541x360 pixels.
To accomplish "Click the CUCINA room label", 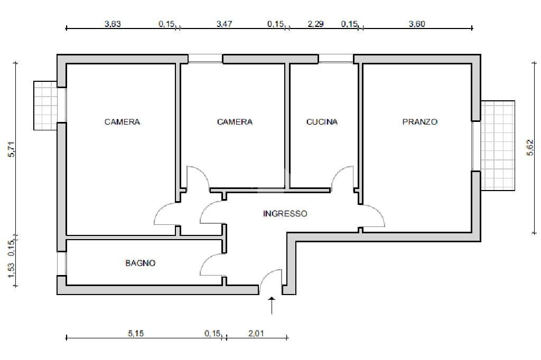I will (x=322, y=122).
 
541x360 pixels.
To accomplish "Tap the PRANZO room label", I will (x=420, y=122).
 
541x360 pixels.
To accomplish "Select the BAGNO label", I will (x=141, y=263).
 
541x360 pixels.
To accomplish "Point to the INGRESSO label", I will (x=285, y=214).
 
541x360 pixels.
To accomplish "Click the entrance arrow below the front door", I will (x=272, y=306).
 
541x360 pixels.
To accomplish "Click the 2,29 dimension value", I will (x=315, y=24).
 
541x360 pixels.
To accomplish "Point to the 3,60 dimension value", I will (x=417, y=24).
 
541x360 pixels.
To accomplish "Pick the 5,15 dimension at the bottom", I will (x=137, y=333).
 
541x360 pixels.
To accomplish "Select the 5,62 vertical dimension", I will (x=530, y=147).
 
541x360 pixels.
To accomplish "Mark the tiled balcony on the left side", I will (x=45, y=105).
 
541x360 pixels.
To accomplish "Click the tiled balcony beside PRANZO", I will (x=498, y=145).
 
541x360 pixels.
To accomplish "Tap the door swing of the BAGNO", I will (x=212, y=264).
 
